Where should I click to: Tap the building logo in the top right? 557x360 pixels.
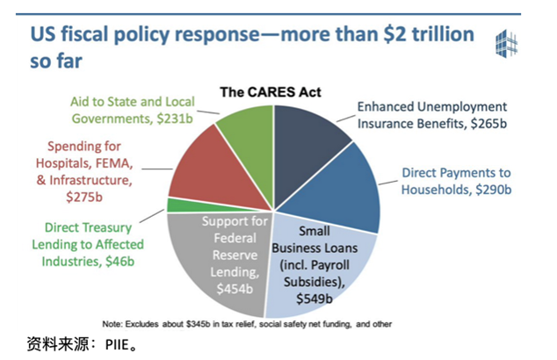[x=509, y=43]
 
